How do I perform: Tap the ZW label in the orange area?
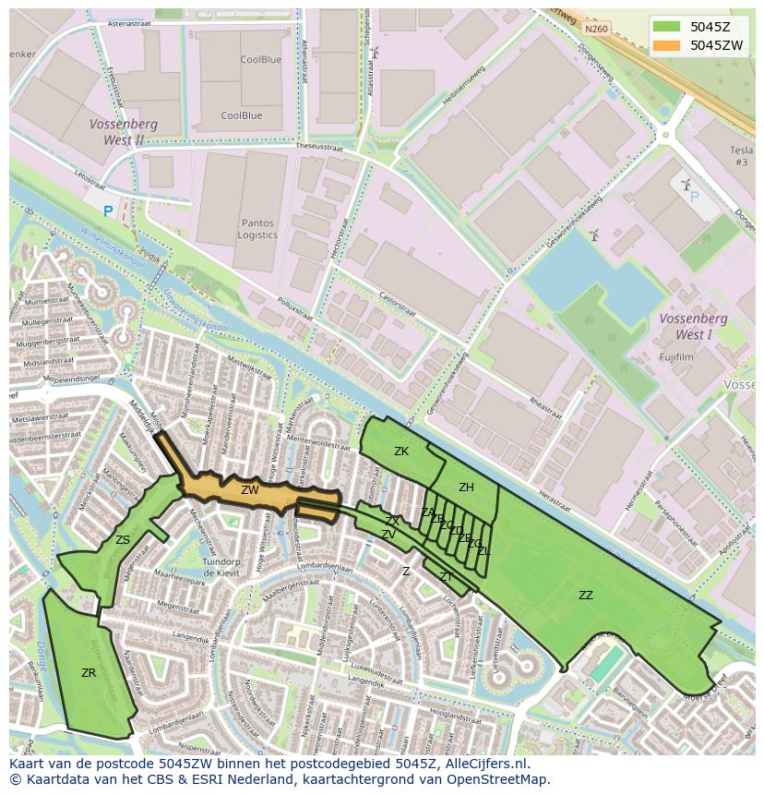(250, 490)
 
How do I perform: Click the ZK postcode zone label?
(401, 452)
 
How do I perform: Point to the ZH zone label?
(466, 488)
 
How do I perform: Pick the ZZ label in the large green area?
(586, 596)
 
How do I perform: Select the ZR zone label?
(89, 673)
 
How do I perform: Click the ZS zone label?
(123, 540)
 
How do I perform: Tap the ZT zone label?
(446, 577)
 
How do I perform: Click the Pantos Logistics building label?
(257, 229)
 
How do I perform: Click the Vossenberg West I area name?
(693, 326)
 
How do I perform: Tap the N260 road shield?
(596, 30)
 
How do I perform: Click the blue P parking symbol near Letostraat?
(108, 211)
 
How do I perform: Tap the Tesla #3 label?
(741, 156)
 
